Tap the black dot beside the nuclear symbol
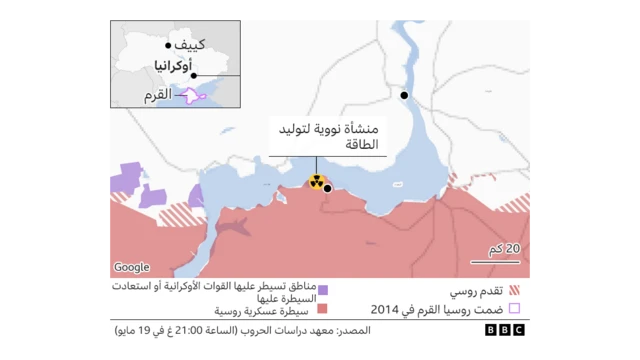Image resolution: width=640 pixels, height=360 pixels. pos(328,188)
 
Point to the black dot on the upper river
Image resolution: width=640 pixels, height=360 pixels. pos(405,95)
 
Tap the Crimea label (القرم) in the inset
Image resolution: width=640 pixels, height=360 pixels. pos(158,95)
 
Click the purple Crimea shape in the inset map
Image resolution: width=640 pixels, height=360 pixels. pos(190,95)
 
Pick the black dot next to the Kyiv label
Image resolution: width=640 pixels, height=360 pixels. pos(166,46)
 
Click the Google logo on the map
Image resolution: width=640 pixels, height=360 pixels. pos(131,267)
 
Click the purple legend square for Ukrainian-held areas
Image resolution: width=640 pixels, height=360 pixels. pos(323,288)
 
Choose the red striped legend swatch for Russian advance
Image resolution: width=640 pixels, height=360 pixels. pos(514,289)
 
